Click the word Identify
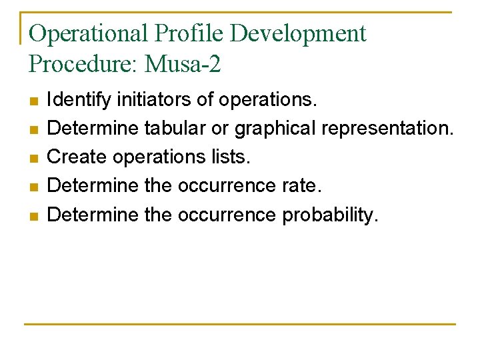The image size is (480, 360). (79, 100)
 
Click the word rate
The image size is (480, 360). (301, 186)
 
